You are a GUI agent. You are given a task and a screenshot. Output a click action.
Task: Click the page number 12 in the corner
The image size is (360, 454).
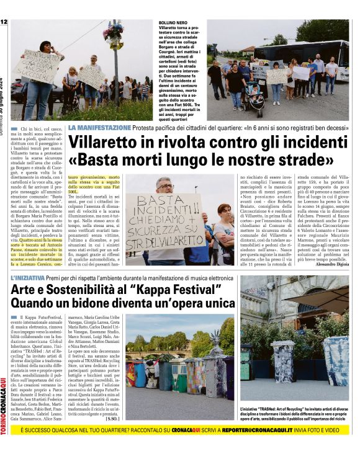click(x=4, y=22)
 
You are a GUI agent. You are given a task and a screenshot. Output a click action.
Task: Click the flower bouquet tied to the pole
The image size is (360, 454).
click(x=114, y=32)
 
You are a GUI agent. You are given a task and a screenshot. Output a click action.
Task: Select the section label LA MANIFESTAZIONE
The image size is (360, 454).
click(x=99, y=127)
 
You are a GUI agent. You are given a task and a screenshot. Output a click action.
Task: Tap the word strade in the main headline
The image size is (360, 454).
click(x=305, y=162)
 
